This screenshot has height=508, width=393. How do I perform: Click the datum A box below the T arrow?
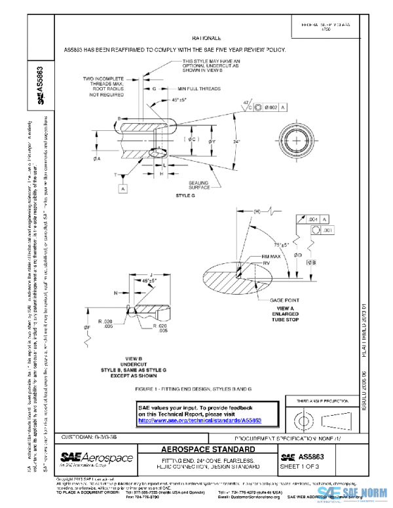122,189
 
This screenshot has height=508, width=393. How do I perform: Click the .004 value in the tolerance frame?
313,219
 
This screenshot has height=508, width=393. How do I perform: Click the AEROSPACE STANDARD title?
208,450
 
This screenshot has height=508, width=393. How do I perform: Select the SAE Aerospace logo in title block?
97,458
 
